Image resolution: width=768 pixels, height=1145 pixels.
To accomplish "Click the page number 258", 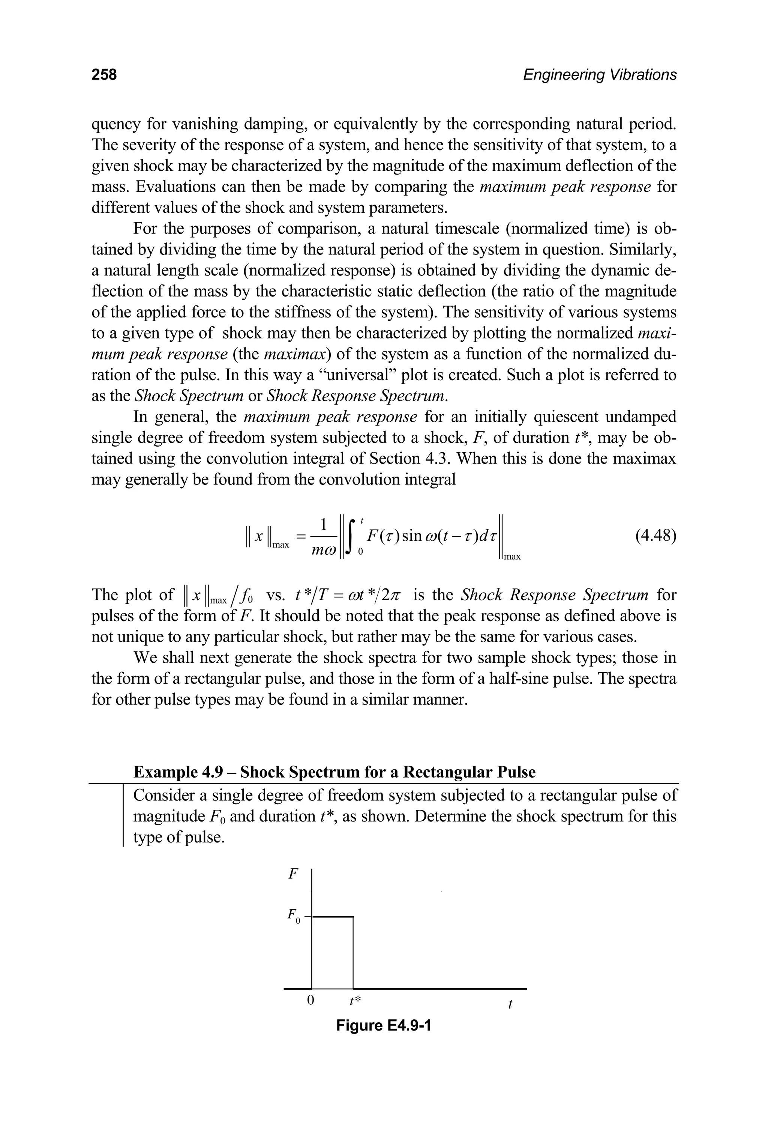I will pos(104,75).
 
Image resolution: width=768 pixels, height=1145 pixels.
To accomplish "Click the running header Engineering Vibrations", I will pos(600,75).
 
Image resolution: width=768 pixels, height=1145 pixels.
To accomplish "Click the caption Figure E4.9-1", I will pos(384,1025).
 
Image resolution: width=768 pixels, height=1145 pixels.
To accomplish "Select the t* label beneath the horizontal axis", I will pos(355,1000).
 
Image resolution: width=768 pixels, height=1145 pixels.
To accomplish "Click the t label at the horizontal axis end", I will pos(510,1004).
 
